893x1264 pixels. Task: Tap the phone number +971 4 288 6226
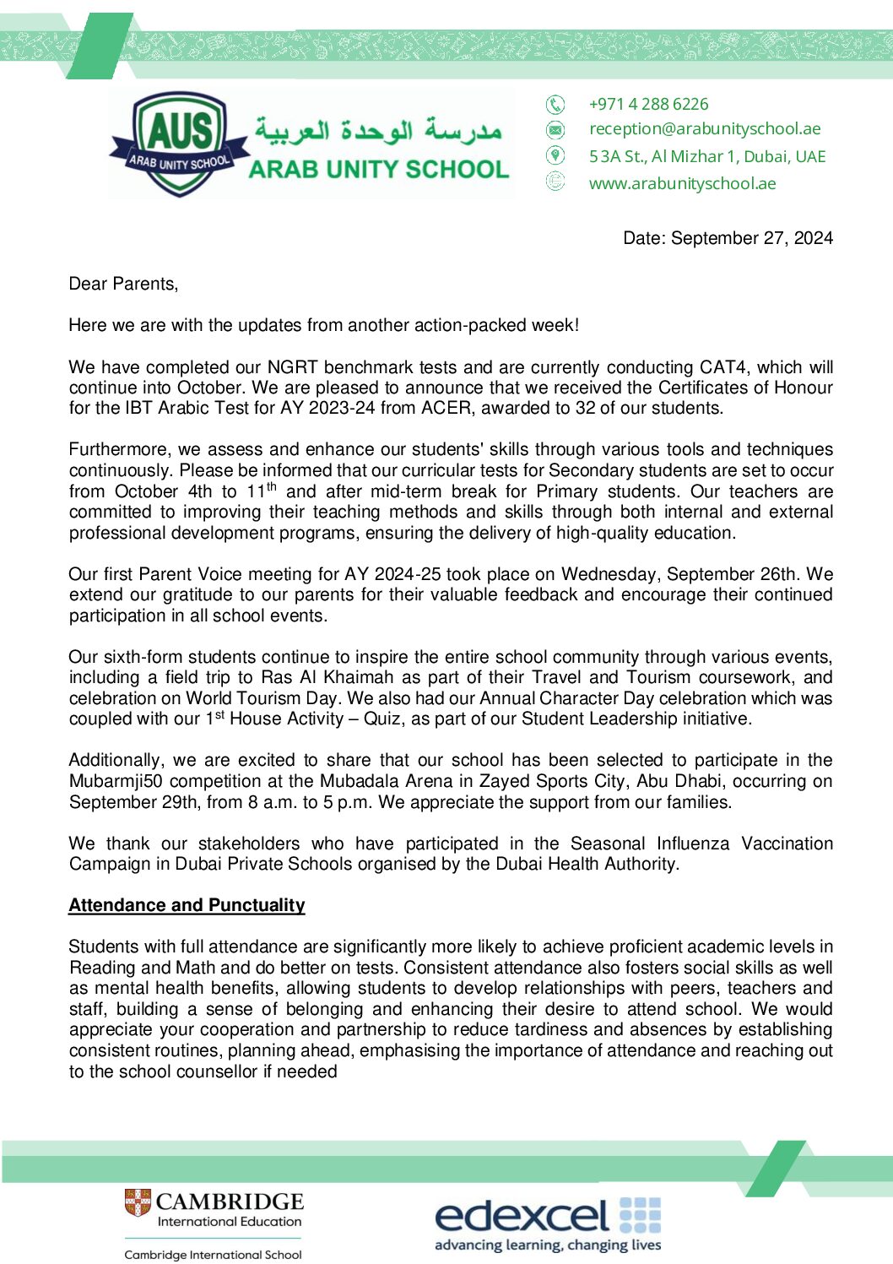pyautogui.click(x=648, y=104)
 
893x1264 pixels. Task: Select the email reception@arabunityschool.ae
pyautogui.click(x=705, y=128)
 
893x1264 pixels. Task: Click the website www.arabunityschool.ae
pyautogui.click(x=682, y=183)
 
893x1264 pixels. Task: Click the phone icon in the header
pyautogui.click(x=555, y=104)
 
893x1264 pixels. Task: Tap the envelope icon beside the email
pyautogui.click(x=555, y=129)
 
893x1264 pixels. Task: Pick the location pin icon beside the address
pyautogui.click(x=555, y=155)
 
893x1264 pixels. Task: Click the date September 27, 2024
pyautogui.click(x=751, y=238)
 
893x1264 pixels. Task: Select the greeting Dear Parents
pyautogui.click(x=123, y=284)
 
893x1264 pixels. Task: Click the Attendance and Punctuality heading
pyautogui.click(x=187, y=905)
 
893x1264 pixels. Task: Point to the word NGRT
pyautogui.click(x=293, y=367)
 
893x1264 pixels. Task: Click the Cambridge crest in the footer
pyautogui.click(x=138, y=1202)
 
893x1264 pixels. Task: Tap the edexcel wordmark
pyautogui.click(x=522, y=1216)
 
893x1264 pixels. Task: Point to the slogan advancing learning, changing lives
pyautogui.click(x=548, y=1245)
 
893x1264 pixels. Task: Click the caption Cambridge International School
pyautogui.click(x=213, y=1255)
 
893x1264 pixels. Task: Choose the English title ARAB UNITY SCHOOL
pyautogui.click(x=379, y=169)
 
